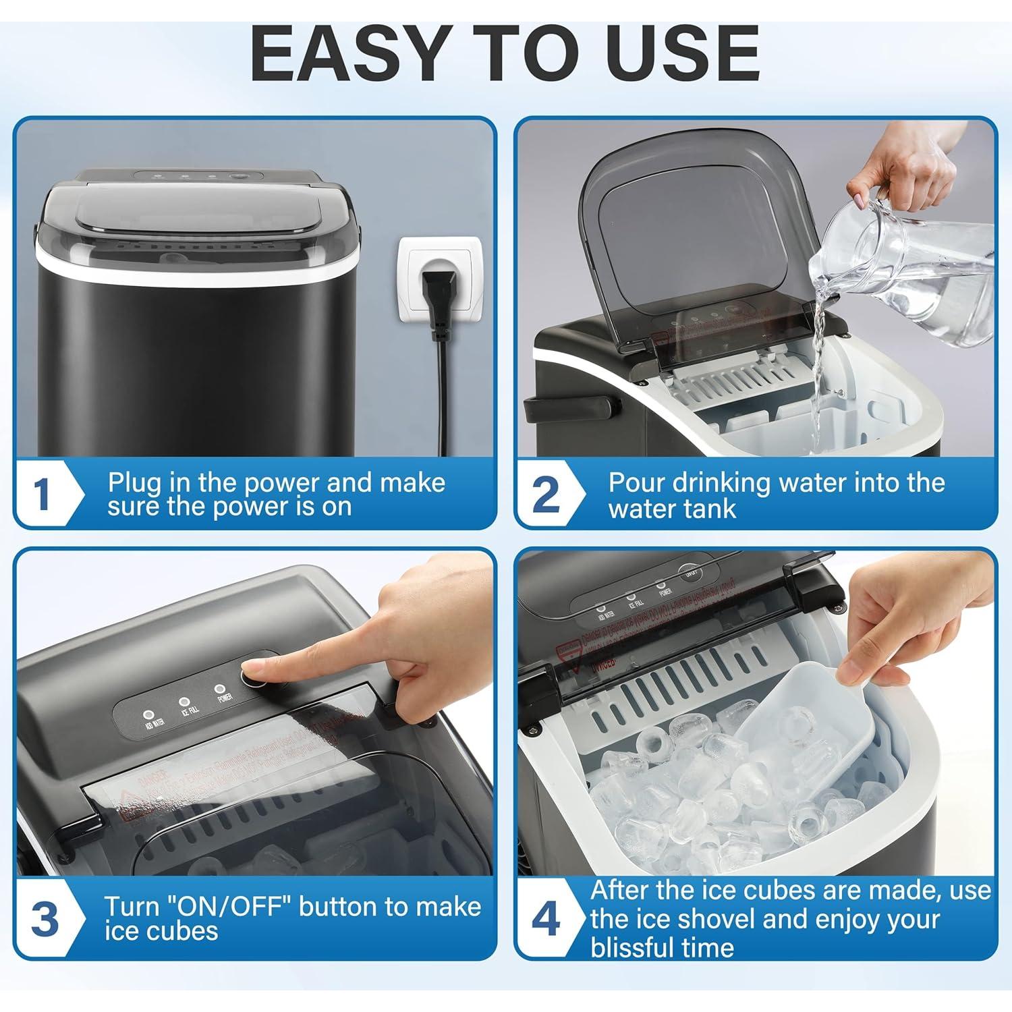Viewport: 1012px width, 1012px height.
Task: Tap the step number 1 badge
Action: click(x=43, y=495)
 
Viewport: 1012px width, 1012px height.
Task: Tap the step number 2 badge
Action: click(x=545, y=495)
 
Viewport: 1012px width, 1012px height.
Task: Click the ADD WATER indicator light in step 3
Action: click(x=148, y=714)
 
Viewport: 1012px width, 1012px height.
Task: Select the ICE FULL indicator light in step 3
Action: click(x=184, y=702)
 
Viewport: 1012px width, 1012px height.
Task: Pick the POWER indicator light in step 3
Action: click(x=219, y=689)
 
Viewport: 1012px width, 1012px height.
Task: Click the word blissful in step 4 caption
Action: click(x=661, y=947)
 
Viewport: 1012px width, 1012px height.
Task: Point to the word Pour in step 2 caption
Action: click(x=641, y=483)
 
